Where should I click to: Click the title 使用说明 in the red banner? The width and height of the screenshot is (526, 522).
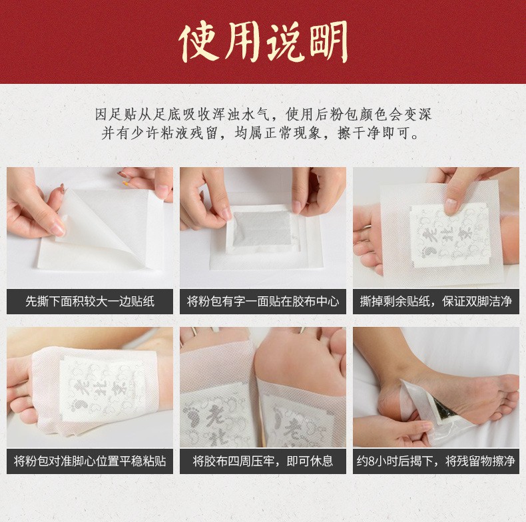[x=264, y=42]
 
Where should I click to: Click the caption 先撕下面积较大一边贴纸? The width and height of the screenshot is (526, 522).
[x=90, y=301]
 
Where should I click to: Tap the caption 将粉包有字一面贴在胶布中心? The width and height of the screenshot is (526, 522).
[x=262, y=301]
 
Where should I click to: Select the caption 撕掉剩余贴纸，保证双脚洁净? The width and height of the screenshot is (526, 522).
[x=435, y=301]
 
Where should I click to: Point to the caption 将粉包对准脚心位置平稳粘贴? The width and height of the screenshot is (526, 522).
[x=90, y=461]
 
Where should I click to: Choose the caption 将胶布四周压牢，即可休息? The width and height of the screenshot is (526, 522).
[x=262, y=461]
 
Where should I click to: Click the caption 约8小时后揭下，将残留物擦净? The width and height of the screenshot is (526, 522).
[x=435, y=461]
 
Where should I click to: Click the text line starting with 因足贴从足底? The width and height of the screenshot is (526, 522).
[x=263, y=115]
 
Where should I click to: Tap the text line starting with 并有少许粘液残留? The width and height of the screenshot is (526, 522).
[x=260, y=133]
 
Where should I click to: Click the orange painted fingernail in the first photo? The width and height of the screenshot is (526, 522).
[x=126, y=183]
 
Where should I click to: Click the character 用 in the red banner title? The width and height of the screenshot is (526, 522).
[x=242, y=43]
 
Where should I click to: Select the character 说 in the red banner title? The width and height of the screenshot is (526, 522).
[x=286, y=43]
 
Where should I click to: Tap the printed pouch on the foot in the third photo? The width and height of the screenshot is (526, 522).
[x=449, y=236]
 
